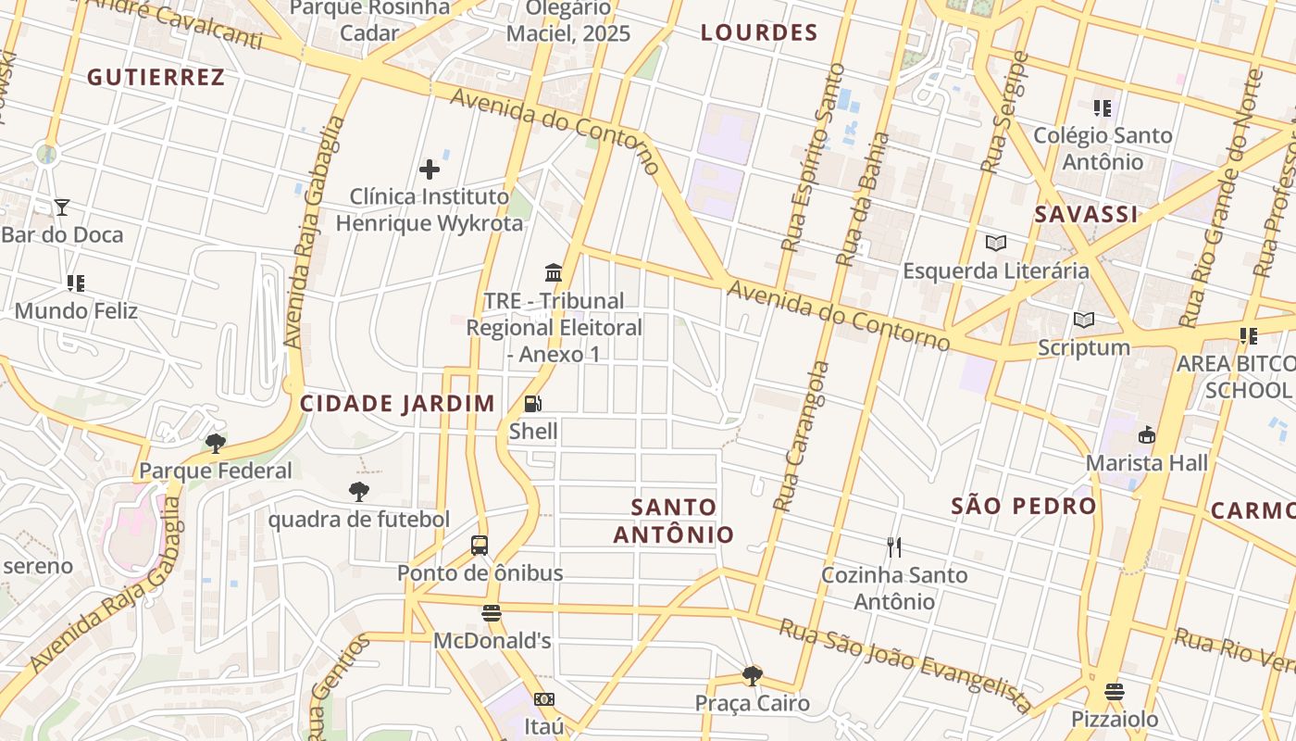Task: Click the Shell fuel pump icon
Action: coord(533,404)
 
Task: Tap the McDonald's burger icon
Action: coord(492,613)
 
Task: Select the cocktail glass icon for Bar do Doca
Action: coord(62,207)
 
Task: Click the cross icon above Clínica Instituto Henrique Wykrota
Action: coord(430,170)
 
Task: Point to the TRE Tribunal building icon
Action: coord(554,273)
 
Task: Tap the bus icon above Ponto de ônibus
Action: coord(480,546)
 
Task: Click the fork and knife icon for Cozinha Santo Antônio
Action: coord(894,547)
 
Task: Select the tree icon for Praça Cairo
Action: coord(753,676)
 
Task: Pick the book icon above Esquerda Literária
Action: coord(996,244)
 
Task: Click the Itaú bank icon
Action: coord(544,699)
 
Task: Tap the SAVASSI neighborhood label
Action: coord(1086,215)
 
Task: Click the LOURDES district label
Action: coord(759,33)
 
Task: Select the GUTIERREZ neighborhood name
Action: coord(156,78)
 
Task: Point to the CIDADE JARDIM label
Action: coord(397,404)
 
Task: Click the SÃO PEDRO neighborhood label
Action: coord(1024,506)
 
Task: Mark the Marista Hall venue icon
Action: coord(1147,434)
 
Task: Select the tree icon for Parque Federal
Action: coord(216,443)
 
